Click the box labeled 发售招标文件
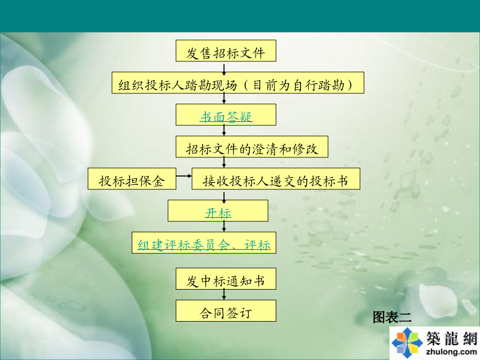click(x=226, y=51)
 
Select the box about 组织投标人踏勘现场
click(x=238, y=83)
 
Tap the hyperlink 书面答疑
click(x=226, y=117)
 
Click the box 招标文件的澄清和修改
click(x=252, y=147)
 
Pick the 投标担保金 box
click(x=132, y=179)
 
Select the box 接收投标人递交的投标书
click(x=276, y=179)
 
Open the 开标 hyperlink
click(x=218, y=213)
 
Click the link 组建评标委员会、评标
click(x=204, y=245)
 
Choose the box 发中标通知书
click(x=226, y=279)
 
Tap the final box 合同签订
click(x=226, y=311)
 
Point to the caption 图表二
click(x=392, y=317)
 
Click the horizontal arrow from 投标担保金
click(x=184, y=176)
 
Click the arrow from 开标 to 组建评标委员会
click(x=224, y=226)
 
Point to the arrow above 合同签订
click(x=224, y=294)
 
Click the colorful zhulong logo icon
click(x=407, y=342)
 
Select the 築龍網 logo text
click(x=452, y=338)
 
